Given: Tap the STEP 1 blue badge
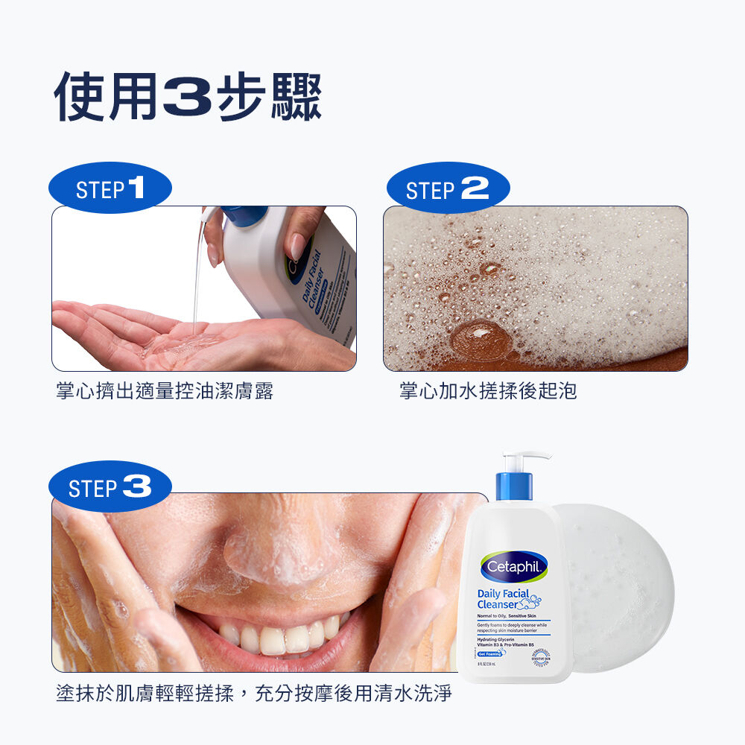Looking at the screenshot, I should [110, 188].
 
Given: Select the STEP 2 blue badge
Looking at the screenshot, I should [448, 188].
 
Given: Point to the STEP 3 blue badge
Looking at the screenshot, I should [110, 488].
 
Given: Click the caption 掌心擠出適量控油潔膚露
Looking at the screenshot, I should [165, 391].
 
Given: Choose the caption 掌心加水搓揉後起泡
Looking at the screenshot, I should [488, 391].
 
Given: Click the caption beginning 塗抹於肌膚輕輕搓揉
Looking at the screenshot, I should [254, 694].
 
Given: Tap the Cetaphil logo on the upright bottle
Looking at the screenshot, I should [515, 567].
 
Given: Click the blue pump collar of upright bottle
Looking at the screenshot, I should [514, 486].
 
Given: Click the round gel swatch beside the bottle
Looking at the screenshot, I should [618, 589].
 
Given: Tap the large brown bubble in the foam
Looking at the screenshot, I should [481, 339].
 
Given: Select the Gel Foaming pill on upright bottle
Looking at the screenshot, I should [495, 653].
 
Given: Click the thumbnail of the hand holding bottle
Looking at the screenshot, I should [300, 247].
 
